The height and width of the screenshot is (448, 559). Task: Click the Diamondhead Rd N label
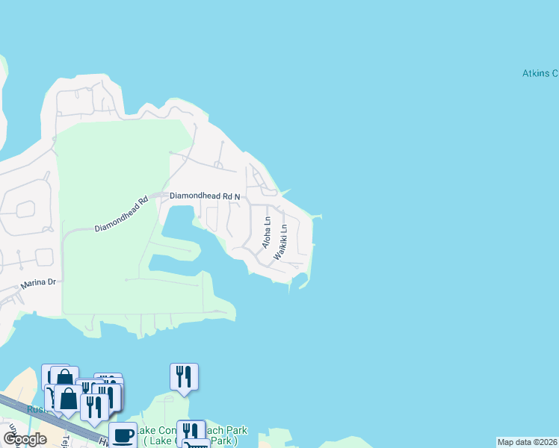205,196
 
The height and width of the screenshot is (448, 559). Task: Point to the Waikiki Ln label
280,242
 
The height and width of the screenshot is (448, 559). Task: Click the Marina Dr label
38,282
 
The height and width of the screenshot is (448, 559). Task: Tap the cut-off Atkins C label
540,73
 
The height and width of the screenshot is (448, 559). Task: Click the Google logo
25,439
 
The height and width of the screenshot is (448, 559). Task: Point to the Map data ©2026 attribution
528,442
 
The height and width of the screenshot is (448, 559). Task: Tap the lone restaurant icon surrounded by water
184,376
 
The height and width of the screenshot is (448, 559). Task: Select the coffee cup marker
123,435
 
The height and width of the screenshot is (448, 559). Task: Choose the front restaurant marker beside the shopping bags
94,407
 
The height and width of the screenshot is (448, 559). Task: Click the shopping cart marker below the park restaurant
197,444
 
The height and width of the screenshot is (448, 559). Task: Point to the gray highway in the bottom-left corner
45,418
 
